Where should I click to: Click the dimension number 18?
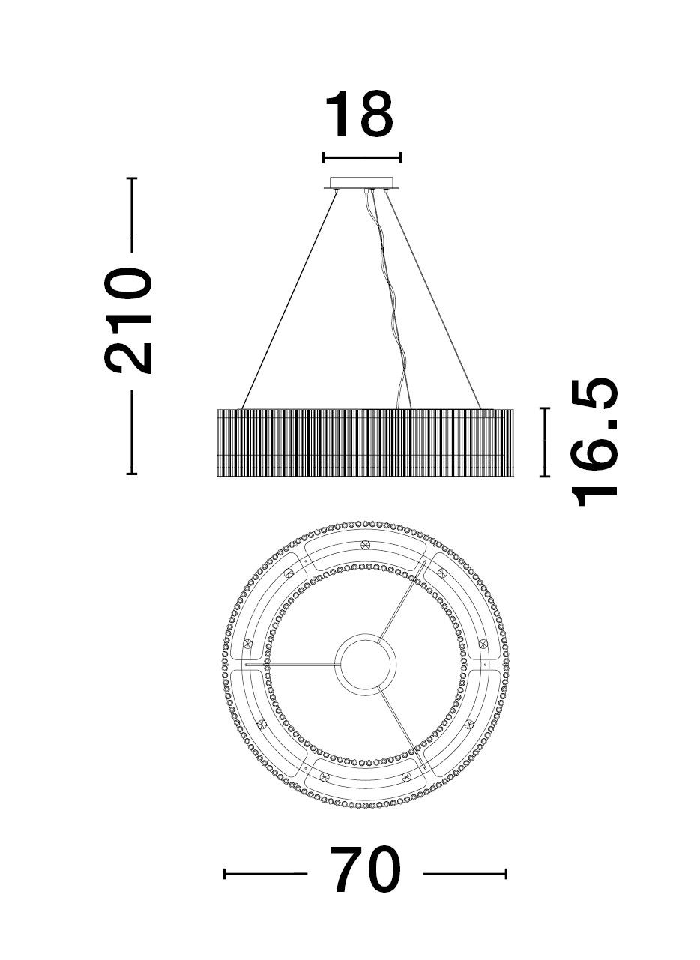[x=359, y=115]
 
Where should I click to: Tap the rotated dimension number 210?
[x=128, y=321]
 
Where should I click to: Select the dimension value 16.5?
[x=594, y=442]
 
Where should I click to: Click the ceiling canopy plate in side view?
[x=362, y=183]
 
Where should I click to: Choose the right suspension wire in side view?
[x=433, y=299]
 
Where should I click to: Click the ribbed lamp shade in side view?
[x=365, y=443]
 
